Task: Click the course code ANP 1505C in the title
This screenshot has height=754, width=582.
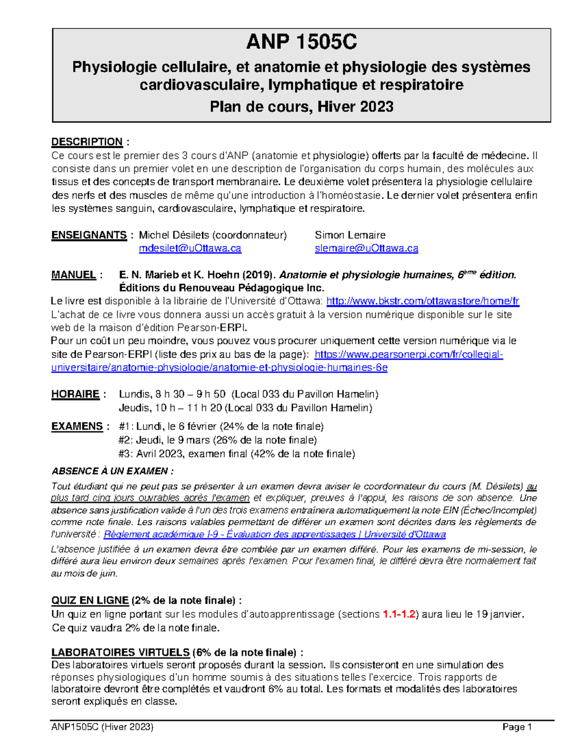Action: pyautogui.click(x=301, y=43)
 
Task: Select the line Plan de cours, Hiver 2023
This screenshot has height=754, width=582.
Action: pyautogui.click(x=301, y=106)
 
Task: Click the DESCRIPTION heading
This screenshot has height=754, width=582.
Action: pyautogui.click(x=87, y=142)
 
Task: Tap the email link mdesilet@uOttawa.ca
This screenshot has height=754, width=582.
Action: pyautogui.click(x=190, y=249)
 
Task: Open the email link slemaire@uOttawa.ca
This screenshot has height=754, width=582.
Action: pyautogui.click(x=366, y=249)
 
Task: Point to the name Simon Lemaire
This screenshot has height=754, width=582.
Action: pyautogui.click(x=350, y=235)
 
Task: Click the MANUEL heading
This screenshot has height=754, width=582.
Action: pyautogui.click(x=73, y=275)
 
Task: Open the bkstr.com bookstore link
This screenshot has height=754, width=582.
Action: pyautogui.click(x=422, y=301)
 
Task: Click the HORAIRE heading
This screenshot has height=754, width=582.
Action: pyautogui.click(x=75, y=394)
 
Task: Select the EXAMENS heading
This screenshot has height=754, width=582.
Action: pyautogui.click(x=77, y=426)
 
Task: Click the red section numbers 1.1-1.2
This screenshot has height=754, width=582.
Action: pyautogui.click(x=399, y=614)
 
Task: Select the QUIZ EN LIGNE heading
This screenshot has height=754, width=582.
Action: pyautogui.click(x=90, y=601)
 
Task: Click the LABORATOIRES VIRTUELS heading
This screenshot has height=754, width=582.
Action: pyautogui.click(x=120, y=652)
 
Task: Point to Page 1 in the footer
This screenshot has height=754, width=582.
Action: pyautogui.click(x=517, y=727)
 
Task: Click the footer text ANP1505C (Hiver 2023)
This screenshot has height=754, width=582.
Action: pyautogui.click(x=102, y=727)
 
